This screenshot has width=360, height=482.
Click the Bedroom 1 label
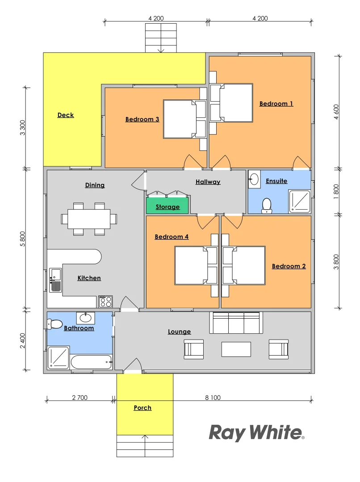(x=276, y=104)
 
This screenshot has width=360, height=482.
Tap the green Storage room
(x=167, y=207)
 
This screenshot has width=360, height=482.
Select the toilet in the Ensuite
(x=267, y=204)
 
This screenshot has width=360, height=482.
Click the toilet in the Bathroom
(x=55, y=324)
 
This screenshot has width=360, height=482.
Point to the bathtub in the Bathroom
(x=91, y=362)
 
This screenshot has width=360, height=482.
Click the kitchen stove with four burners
(x=105, y=302)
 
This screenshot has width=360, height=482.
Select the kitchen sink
(x=55, y=280)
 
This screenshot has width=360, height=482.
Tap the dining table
(x=89, y=219)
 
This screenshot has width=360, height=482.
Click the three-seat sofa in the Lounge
(x=236, y=323)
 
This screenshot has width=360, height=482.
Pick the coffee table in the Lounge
(x=236, y=349)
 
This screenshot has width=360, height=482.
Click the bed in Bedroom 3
(x=180, y=119)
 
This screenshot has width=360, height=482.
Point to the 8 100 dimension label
(x=213, y=398)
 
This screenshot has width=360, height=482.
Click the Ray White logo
(x=256, y=432)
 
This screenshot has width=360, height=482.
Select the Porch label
(x=142, y=408)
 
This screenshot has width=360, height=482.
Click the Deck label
(x=66, y=115)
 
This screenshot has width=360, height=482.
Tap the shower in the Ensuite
(x=299, y=201)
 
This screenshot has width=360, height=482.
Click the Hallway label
(x=208, y=182)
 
